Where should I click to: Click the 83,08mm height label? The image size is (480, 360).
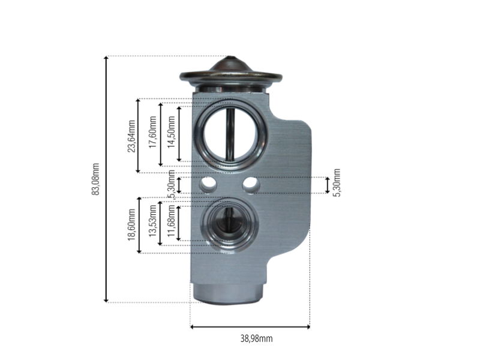(95, 179)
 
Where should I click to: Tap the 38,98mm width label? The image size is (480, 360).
(256, 338)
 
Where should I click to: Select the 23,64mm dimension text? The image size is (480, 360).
(131, 136)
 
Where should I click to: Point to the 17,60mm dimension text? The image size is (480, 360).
(153, 132)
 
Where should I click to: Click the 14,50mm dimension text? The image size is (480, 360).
(172, 132)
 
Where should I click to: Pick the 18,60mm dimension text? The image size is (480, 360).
(131, 224)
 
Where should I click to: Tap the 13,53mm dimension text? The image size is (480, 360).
(153, 220)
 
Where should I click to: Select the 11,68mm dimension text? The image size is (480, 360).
(172, 221)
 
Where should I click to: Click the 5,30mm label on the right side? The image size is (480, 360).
(337, 183)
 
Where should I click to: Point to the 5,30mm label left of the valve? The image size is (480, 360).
(172, 184)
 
